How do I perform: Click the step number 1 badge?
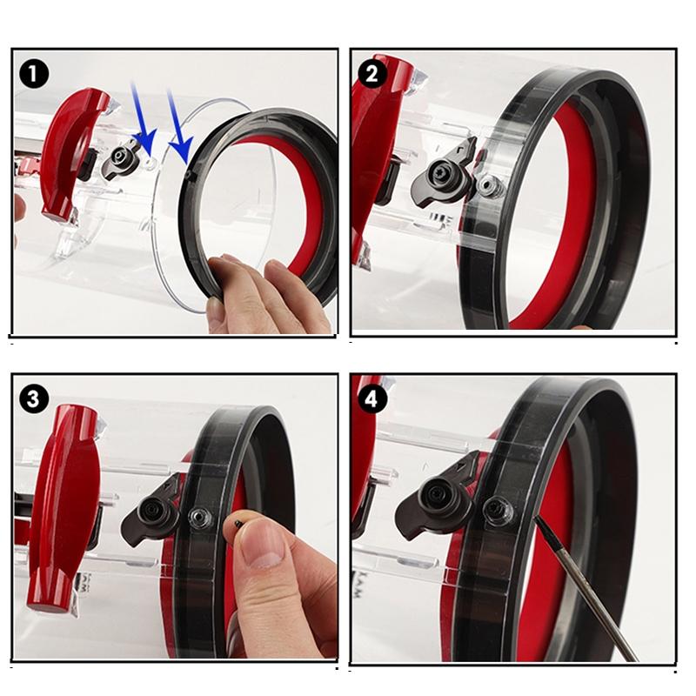pyautogui.click(x=34, y=73)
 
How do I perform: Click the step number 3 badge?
pyautogui.click(x=34, y=398)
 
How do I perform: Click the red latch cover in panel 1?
pyautogui.click(x=74, y=148)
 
